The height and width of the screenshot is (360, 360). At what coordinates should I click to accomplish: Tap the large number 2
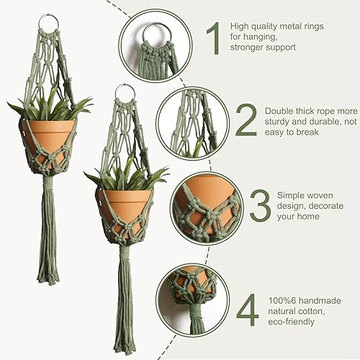click(x=246, y=122)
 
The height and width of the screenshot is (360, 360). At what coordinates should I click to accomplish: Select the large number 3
click(x=260, y=207)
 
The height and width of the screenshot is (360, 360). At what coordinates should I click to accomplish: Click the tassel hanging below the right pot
click(x=124, y=302)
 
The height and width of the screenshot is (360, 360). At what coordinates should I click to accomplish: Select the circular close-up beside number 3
click(x=206, y=207)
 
